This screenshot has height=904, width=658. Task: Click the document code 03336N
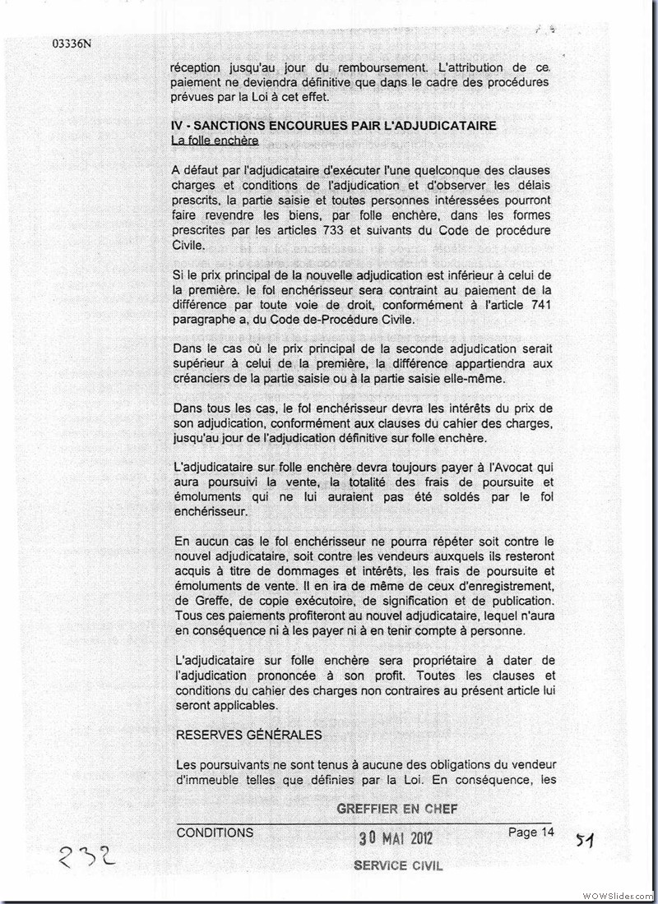71,44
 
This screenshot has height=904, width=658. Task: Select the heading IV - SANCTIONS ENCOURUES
334,126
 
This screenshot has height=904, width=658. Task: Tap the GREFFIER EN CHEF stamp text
397,809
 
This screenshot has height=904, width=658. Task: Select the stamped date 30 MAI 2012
396,839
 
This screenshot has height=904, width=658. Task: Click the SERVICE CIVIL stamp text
398,865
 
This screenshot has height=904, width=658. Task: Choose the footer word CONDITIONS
215,833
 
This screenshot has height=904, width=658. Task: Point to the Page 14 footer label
531,833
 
